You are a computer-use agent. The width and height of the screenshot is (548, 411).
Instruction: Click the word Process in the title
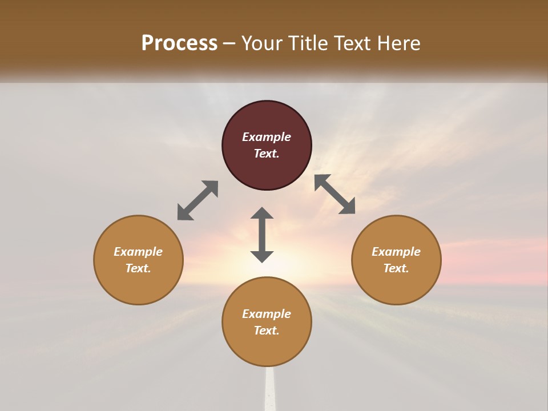[179, 43]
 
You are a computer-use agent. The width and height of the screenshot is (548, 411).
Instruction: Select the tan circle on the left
[138, 285]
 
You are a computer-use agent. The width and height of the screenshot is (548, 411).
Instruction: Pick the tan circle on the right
[396, 285]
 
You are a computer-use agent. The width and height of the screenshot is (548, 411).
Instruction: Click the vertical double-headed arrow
[262, 235]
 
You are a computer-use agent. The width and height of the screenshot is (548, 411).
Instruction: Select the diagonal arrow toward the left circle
[198, 200]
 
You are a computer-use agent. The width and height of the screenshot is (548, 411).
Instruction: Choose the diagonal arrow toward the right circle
[335, 194]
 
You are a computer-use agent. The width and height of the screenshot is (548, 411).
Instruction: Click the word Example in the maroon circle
[267, 137]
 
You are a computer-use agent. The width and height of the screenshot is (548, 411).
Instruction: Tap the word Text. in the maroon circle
[267, 154]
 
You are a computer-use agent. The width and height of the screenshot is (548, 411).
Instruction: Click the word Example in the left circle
[138, 252]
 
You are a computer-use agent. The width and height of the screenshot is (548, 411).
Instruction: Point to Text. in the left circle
[138, 268]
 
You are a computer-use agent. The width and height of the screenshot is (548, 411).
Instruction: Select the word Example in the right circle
[396, 252]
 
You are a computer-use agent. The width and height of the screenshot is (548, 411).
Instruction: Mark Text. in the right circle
[396, 268]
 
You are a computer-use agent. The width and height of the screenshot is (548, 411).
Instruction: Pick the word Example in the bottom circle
[267, 314]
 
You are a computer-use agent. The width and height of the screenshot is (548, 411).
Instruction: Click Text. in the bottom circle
[267, 331]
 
